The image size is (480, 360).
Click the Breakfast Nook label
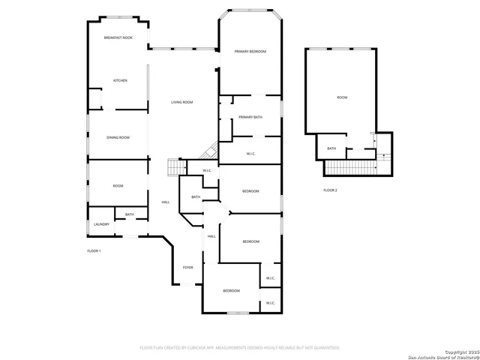(x=118, y=37)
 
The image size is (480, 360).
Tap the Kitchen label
(x=120, y=80)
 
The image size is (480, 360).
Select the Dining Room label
(x=118, y=137)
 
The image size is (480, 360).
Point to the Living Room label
(x=182, y=102)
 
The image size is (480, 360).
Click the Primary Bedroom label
(x=250, y=52)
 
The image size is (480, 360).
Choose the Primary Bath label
(x=250, y=118)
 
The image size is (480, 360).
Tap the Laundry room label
(x=101, y=224)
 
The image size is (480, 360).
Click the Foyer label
(x=188, y=267)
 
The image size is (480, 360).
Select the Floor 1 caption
(x=94, y=250)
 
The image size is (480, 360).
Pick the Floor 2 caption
(x=330, y=190)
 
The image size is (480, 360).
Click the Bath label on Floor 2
(x=331, y=148)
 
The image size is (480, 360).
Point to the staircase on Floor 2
(x=353, y=168)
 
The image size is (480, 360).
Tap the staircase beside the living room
(x=174, y=166)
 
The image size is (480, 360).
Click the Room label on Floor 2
(x=342, y=97)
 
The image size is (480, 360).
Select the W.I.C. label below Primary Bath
(x=251, y=154)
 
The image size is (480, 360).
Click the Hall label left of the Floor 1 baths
(x=166, y=202)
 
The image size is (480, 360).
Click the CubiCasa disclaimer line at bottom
(x=240, y=347)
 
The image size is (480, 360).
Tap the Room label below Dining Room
(x=118, y=186)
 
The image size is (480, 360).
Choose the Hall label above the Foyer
(x=211, y=236)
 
